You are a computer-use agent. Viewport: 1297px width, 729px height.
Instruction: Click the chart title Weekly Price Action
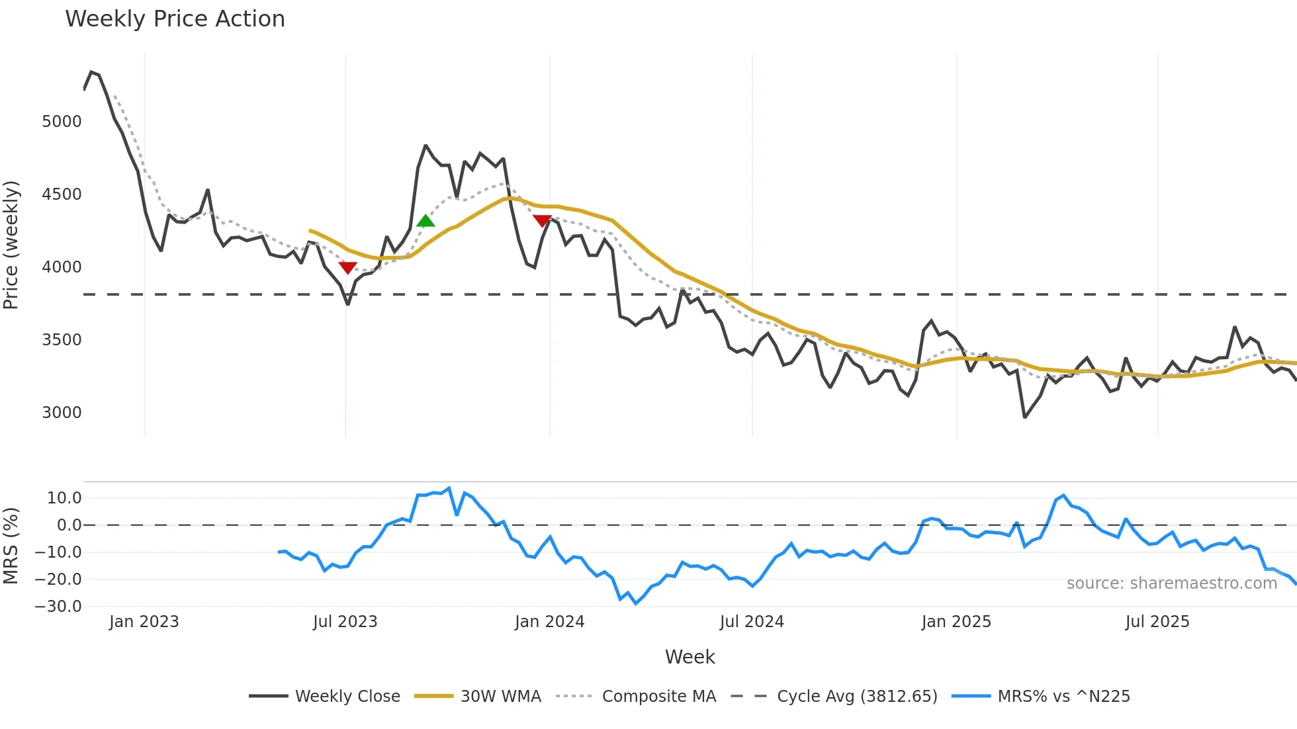pyautogui.click(x=175, y=19)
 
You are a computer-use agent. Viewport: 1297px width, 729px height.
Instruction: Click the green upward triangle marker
pyautogui.click(x=425, y=220)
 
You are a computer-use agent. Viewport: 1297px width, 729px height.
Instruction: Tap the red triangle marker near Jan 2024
pyautogui.click(x=542, y=220)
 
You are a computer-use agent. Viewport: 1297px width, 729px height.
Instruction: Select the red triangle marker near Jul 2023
pyautogui.click(x=347, y=267)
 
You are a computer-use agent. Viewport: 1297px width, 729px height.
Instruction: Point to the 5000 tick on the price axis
pyautogui.click(x=62, y=122)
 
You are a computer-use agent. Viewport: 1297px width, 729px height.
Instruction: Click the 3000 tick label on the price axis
pyautogui.click(x=62, y=413)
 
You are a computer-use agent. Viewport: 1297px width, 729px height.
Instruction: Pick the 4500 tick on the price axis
pyautogui.click(x=62, y=194)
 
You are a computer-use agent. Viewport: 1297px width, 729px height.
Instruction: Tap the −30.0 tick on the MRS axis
pyautogui.click(x=58, y=607)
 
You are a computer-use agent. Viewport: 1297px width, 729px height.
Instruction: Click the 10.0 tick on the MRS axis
pyautogui.click(x=64, y=498)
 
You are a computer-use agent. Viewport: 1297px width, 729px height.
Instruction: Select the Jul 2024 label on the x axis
pyautogui.click(x=752, y=622)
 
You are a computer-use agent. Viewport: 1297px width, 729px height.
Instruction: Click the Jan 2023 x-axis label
pyautogui.click(x=144, y=622)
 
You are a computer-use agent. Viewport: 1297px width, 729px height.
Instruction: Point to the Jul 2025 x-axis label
pyautogui.click(x=1157, y=622)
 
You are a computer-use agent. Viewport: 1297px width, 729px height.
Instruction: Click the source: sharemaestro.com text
pyautogui.click(x=1171, y=583)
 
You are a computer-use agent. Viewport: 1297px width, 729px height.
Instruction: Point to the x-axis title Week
pyautogui.click(x=690, y=657)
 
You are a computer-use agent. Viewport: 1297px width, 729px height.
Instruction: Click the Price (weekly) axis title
pyautogui.click(x=11, y=245)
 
